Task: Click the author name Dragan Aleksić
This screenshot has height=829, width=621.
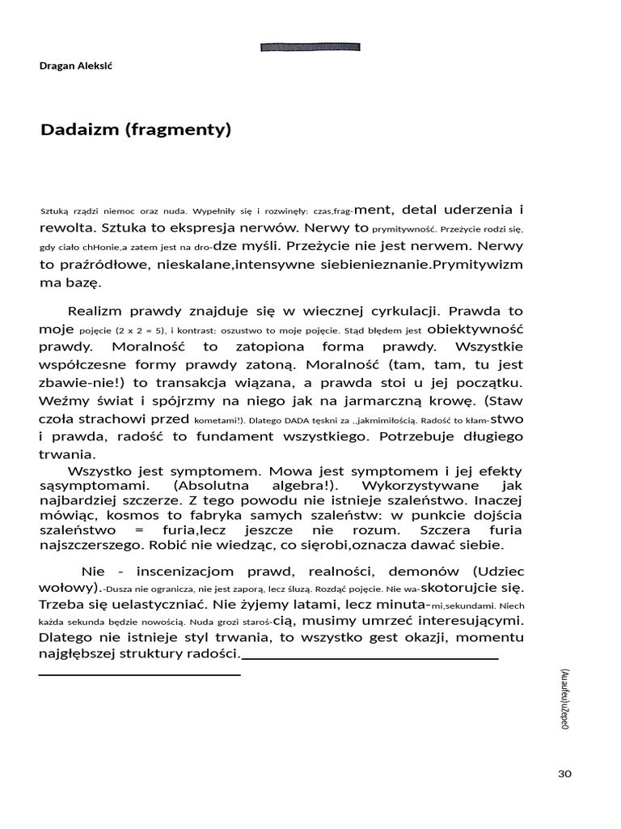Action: (x=77, y=66)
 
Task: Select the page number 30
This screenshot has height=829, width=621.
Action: (x=564, y=774)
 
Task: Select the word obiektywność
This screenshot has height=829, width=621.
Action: (x=475, y=329)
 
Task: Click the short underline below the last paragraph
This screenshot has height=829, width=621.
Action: (x=139, y=674)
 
